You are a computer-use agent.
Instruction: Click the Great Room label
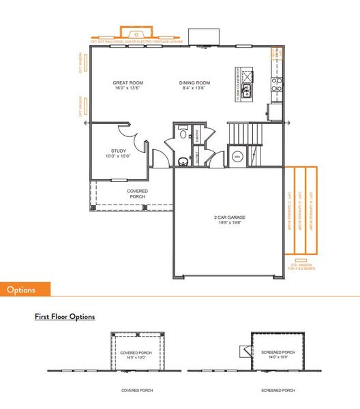[127, 82]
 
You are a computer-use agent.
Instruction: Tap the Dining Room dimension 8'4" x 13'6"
[194, 88]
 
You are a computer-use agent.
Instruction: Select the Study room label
[118, 151]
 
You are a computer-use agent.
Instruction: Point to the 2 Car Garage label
[228, 218]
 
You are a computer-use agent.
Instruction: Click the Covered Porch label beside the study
[137, 194]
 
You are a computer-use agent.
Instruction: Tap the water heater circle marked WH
[237, 156]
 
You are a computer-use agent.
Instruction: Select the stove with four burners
[277, 84]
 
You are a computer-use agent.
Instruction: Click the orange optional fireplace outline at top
[137, 34]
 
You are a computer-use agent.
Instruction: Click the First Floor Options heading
[65, 317]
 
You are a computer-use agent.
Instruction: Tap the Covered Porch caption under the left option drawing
[137, 391]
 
